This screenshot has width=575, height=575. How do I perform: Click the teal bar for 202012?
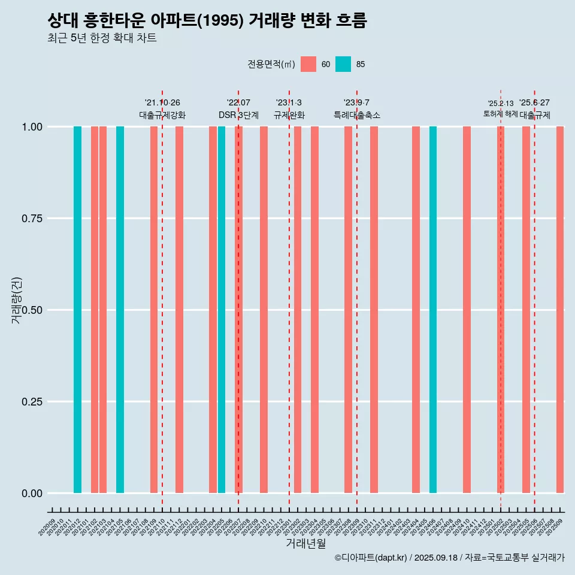tap(77, 310)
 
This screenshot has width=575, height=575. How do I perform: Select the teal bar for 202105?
tap(120, 310)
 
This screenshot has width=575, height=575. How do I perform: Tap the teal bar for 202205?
tap(222, 310)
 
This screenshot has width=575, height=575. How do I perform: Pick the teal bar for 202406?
tap(433, 310)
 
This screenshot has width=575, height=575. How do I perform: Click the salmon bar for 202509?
tap(560, 310)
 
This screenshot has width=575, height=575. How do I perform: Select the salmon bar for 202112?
tap(179, 310)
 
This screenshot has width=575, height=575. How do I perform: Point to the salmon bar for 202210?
tap(264, 310)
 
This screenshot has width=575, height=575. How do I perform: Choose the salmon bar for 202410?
tap(467, 310)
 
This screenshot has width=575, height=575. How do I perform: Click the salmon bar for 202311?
tap(374, 310)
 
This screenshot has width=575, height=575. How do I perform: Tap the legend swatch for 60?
tap(308, 64)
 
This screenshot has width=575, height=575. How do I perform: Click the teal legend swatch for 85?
tap(343, 64)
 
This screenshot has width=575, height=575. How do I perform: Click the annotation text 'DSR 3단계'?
tap(238, 115)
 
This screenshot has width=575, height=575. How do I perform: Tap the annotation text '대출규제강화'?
tap(162, 115)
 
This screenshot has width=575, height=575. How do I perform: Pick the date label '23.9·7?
tap(356, 103)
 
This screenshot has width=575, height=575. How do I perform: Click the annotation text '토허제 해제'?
tap(500, 114)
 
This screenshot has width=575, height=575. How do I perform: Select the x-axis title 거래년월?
tap(305, 543)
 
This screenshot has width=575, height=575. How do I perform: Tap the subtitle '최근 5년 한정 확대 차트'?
tap(102, 38)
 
